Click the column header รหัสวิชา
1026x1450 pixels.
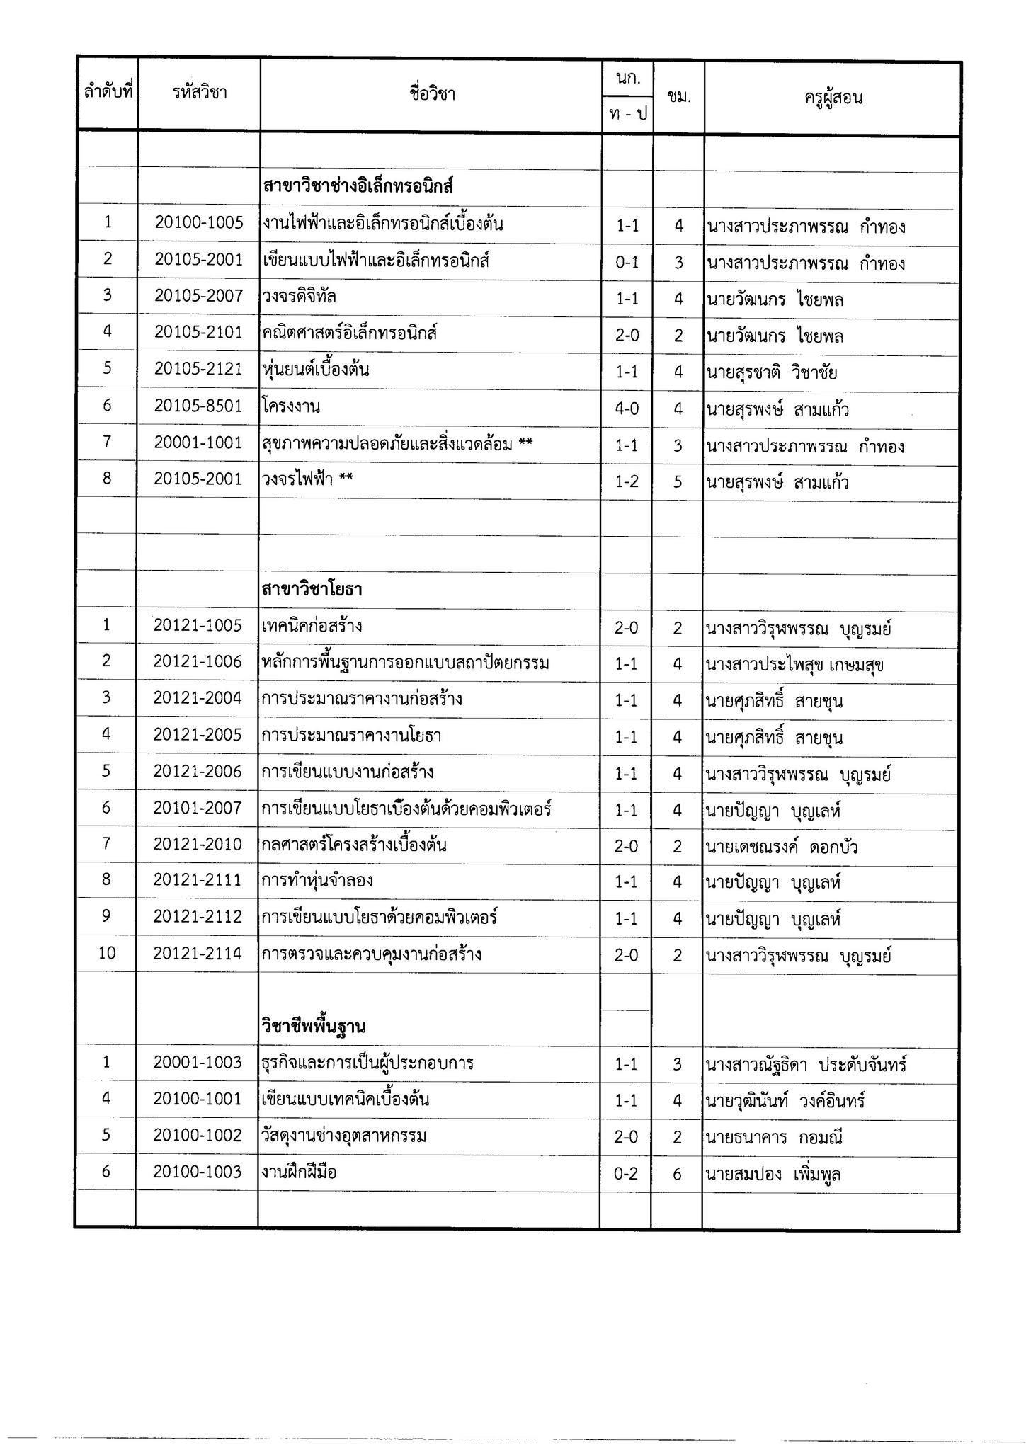(x=200, y=93)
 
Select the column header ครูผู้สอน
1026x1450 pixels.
(x=833, y=98)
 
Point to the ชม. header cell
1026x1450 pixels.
(x=678, y=97)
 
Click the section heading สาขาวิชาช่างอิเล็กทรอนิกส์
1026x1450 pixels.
(x=358, y=187)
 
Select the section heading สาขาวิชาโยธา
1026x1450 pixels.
(x=312, y=589)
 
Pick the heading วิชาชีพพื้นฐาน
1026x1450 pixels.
(x=313, y=1026)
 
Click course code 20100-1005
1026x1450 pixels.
(x=199, y=223)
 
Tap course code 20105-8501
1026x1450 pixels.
(x=199, y=406)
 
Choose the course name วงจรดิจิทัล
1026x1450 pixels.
(x=299, y=297)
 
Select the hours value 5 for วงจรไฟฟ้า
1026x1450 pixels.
(x=678, y=482)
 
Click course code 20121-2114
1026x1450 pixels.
(x=198, y=954)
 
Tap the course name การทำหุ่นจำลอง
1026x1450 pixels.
(x=317, y=881)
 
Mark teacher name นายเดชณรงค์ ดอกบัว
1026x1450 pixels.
(x=782, y=847)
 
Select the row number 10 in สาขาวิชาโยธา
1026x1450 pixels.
(x=106, y=953)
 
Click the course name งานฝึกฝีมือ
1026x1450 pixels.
(x=299, y=1172)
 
